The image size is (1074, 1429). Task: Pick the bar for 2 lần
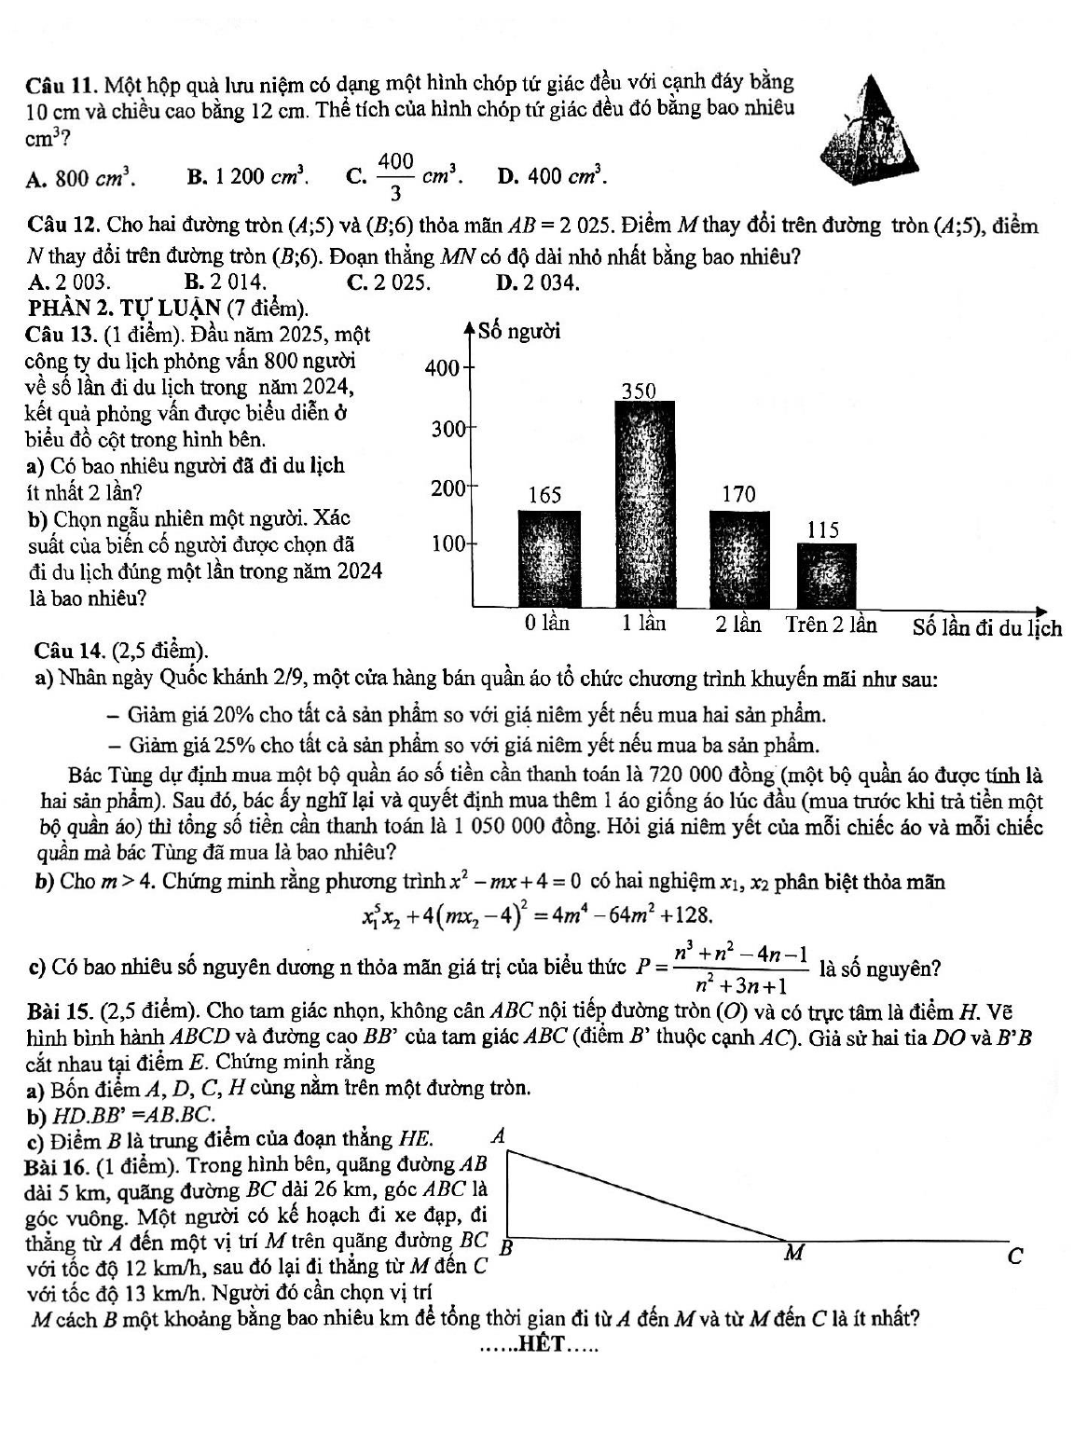pyautogui.click(x=739, y=557)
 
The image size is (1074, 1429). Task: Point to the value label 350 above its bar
pyautogui.click(x=640, y=390)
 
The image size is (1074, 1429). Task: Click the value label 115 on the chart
pyautogui.click(x=823, y=529)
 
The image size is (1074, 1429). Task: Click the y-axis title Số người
pyautogui.click(x=519, y=331)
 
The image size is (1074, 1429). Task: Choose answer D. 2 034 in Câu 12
pyautogui.click(x=538, y=281)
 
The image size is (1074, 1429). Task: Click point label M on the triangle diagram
pyautogui.click(x=793, y=1252)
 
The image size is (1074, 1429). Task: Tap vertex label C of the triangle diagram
pyautogui.click(x=1015, y=1257)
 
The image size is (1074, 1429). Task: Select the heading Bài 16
pyautogui.click(x=56, y=1164)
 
